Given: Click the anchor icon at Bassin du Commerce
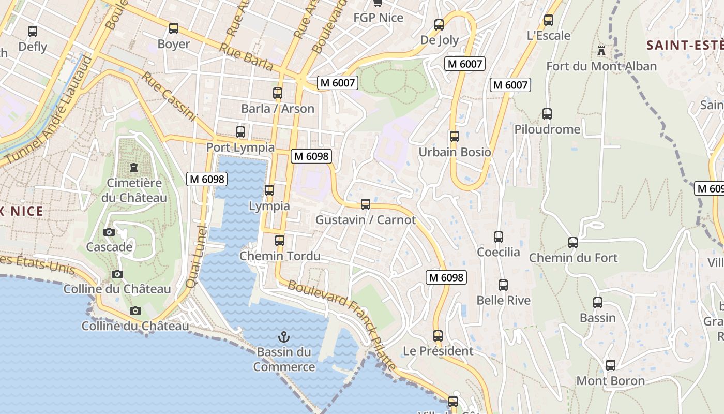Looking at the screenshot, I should [283, 337].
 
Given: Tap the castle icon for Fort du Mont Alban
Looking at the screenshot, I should [601, 51].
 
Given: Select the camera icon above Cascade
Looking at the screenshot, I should [109, 232].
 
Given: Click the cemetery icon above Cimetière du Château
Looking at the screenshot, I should [134, 168].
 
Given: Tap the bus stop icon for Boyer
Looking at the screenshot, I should [174, 28].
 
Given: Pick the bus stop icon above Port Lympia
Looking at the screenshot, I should [240, 132].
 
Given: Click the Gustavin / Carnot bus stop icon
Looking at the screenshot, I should [366, 204].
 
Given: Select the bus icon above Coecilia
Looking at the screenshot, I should [499, 237].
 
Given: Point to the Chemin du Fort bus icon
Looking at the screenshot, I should [573, 242].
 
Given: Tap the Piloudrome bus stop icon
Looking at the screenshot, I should [547, 114].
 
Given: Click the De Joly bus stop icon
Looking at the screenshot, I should [439, 25].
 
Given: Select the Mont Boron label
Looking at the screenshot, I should [610, 381].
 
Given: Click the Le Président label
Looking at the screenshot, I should [438, 351].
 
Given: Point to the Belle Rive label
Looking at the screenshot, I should [503, 300].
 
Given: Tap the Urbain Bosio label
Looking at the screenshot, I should [455, 152].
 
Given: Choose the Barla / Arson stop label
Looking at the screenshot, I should [278, 109].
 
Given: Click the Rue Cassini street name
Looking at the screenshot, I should [169, 96].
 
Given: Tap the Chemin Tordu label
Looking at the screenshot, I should [280, 256].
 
